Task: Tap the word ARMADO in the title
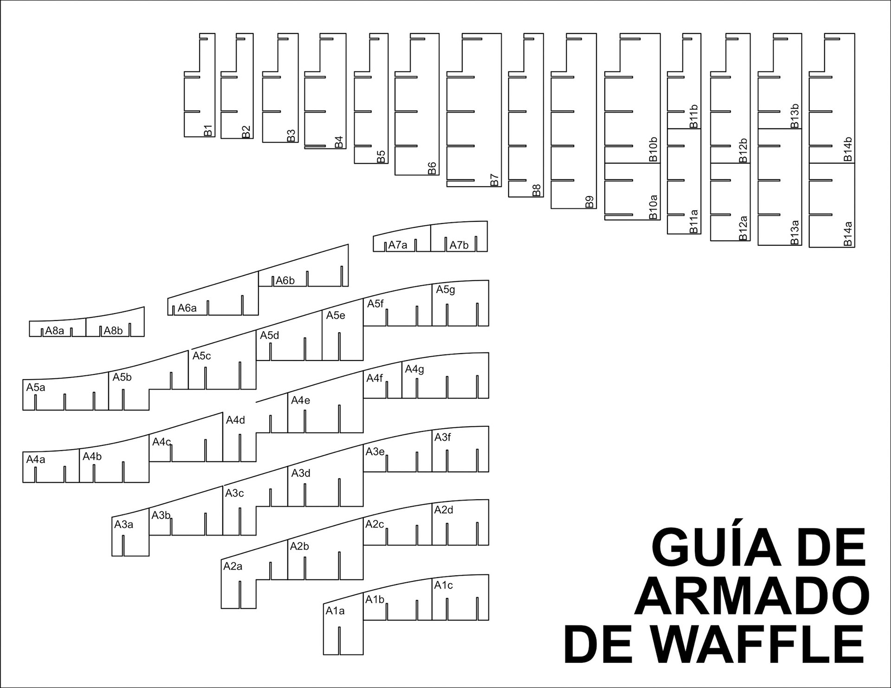[751, 596]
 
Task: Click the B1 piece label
[208, 130]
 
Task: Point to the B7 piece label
[495, 180]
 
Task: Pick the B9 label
[589, 202]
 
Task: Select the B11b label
[694, 116]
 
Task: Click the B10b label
[653, 149]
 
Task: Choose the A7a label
[398, 245]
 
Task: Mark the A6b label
[285, 281]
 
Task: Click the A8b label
[113, 331]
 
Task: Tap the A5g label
[445, 290]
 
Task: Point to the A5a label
[36, 387]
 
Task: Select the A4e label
[300, 400]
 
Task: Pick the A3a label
[124, 525]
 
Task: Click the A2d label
[444, 510]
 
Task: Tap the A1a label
[335, 611]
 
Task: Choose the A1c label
[443, 585]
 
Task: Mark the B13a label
[795, 232]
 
